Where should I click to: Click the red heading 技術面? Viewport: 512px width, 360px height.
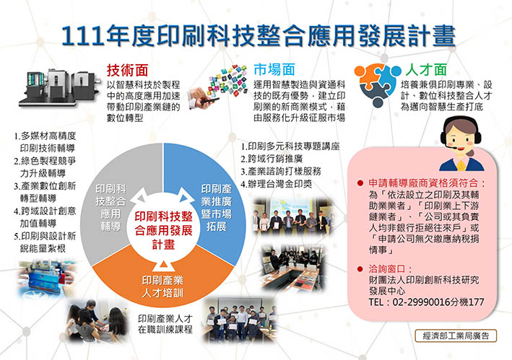127,70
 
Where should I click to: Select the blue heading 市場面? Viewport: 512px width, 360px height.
274,70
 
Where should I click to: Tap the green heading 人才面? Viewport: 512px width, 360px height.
426,69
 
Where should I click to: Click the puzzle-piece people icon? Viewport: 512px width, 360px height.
378,85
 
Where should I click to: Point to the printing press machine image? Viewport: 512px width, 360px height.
58,87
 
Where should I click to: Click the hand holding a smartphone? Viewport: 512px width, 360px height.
204,97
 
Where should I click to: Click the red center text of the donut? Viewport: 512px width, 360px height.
163,230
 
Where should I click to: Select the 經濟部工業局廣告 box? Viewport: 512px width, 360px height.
456,336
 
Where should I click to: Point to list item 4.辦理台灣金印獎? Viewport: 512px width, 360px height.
277,184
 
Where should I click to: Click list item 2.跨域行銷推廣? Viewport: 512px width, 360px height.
272,159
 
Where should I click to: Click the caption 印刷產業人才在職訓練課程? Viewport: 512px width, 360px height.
165,324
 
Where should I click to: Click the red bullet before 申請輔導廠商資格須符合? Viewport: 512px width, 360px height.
360,183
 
